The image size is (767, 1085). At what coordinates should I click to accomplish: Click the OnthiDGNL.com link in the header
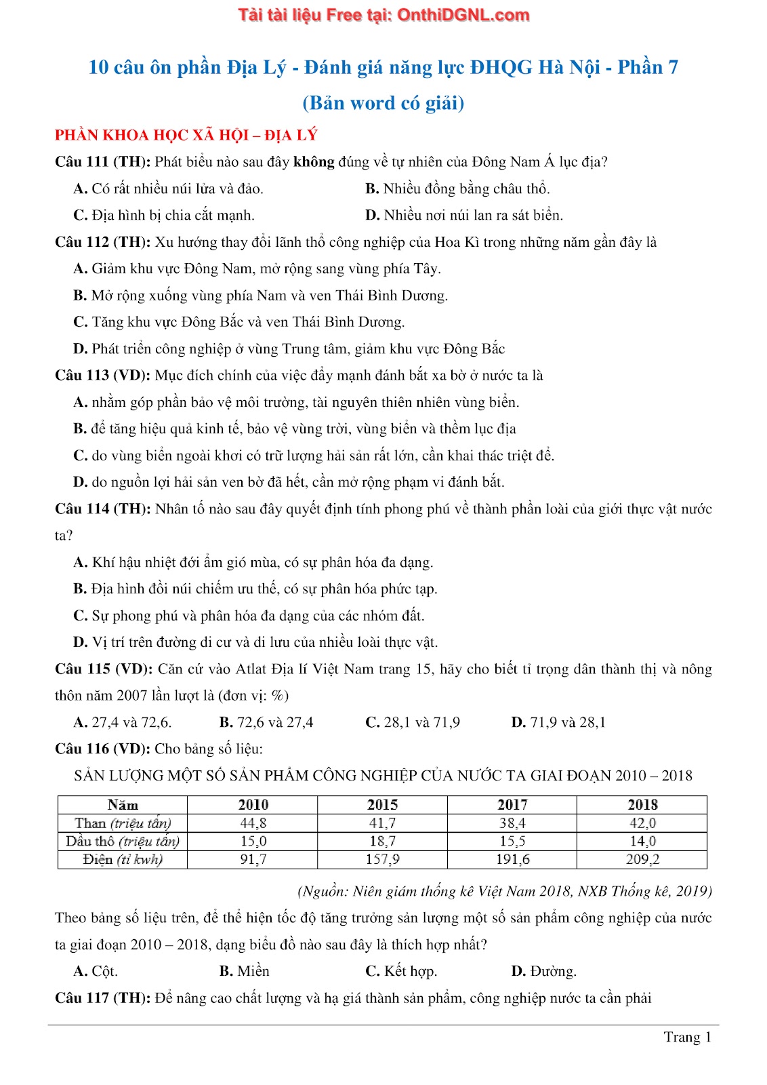pyautogui.click(x=463, y=15)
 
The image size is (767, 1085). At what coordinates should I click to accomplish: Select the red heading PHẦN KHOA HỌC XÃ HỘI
pyautogui.click(x=186, y=135)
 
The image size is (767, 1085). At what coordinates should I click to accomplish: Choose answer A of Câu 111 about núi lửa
pyautogui.click(x=168, y=189)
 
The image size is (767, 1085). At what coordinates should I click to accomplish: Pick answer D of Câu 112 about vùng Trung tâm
pyautogui.click(x=289, y=349)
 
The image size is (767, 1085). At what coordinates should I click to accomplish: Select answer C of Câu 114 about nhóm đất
pyautogui.click(x=249, y=616)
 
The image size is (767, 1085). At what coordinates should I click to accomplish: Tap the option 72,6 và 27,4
pyautogui.click(x=266, y=722)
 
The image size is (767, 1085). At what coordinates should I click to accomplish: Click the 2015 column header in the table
pyautogui.click(x=382, y=805)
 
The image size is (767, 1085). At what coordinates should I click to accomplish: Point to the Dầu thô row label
pyautogui.click(x=123, y=842)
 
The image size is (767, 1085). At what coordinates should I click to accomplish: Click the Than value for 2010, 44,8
pyautogui.click(x=253, y=823)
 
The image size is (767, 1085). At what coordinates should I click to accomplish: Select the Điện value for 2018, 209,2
pyautogui.click(x=642, y=860)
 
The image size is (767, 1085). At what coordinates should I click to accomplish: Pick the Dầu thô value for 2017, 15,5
pyautogui.click(x=512, y=842)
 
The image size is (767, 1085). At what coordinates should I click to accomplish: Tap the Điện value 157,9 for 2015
pyautogui.click(x=382, y=860)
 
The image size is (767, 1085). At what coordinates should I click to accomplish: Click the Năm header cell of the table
pyautogui.click(x=123, y=805)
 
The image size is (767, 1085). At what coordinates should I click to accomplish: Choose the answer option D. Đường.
pyautogui.click(x=543, y=971)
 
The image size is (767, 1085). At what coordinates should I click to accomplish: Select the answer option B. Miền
pyautogui.click(x=244, y=971)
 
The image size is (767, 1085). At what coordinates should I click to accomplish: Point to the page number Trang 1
pyautogui.click(x=687, y=1037)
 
